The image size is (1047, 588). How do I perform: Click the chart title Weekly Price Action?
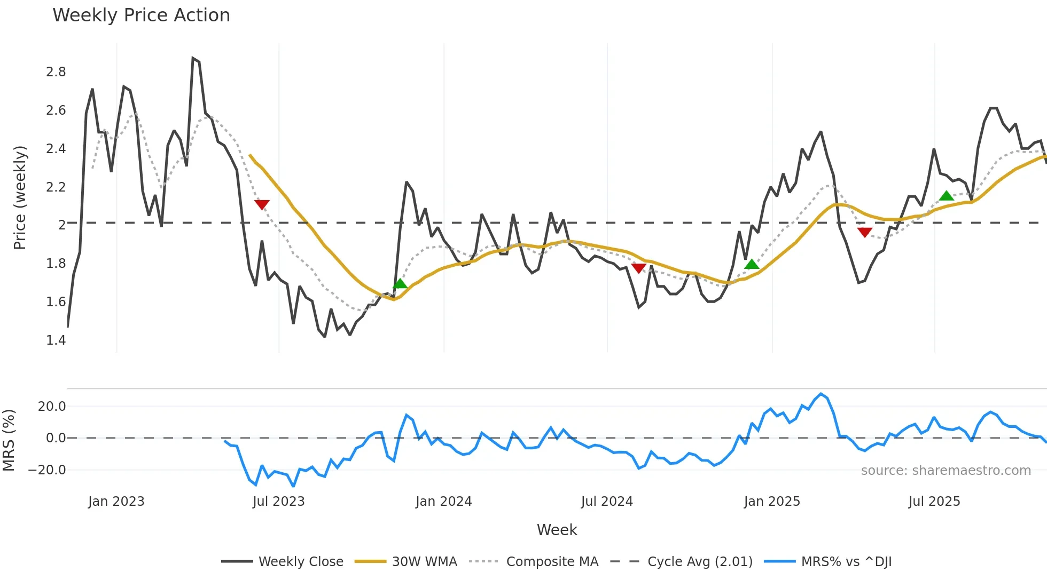141,15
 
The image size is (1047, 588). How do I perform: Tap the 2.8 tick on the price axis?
56,72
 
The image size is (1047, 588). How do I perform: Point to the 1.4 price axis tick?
56,340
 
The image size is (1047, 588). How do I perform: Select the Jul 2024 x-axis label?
607,502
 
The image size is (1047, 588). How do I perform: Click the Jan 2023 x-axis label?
116,502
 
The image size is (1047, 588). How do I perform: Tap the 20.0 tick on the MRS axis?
52,407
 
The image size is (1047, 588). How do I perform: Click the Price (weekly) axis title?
20,197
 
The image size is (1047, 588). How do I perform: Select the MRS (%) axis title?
9,440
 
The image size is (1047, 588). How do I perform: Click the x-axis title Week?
557,530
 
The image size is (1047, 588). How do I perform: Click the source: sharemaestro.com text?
946,471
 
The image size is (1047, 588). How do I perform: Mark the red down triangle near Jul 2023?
262,204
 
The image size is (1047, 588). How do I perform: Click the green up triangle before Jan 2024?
400,283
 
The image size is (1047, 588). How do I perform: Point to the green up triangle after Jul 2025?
947,196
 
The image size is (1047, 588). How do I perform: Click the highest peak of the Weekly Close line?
193,58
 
